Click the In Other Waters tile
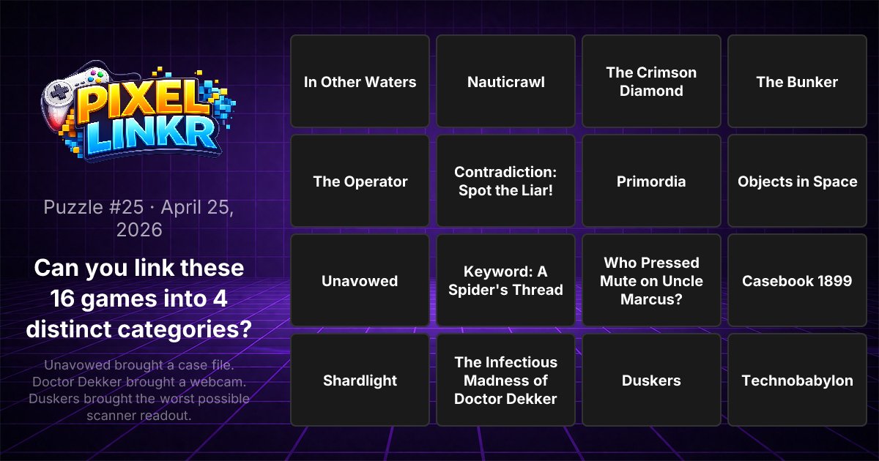[x=360, y=81]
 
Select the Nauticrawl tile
[x=505, y=81]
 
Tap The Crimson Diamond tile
[x=651, y=81]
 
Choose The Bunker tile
[x=797, y=81]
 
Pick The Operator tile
[x=360, y=181]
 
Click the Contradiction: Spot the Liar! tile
[x=505, y=181]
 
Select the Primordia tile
[x=651, y=181]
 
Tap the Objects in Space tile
[x=797, y=181]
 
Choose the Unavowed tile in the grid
[x=360, y=280]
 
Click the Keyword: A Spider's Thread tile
[x=505, y=280]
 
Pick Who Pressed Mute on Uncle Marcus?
[x=651, y=280]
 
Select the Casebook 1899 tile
[x=797, y=280]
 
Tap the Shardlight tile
[x=360, y=380]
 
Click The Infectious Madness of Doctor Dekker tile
[x=505, y=380]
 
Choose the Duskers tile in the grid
[x=651, y=380]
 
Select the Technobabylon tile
[x=797, y=380]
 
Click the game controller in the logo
[x=70, y=99]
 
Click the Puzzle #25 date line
[x=139, y=218]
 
